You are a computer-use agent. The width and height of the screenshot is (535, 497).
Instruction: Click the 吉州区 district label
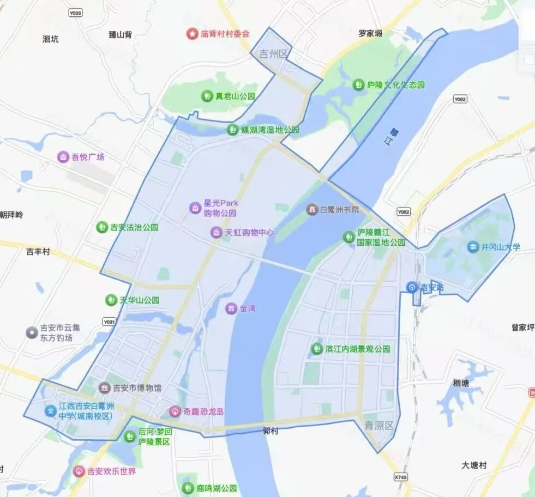point(273,54)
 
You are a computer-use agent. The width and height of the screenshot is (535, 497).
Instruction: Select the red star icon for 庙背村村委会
point(192,34)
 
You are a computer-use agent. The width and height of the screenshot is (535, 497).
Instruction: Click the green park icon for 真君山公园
point(207,96)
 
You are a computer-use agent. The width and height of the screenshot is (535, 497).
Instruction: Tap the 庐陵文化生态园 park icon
point(358,84)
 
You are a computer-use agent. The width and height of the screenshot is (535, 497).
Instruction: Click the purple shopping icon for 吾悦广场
point(63,157)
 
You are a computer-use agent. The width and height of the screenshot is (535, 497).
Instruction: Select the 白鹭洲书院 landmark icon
point(311,209)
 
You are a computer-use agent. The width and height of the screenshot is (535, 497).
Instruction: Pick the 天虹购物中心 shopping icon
point(217,233)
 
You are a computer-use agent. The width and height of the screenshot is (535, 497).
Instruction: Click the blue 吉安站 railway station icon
point(412,287)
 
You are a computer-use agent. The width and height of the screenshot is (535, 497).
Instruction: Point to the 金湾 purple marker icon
point(231,308)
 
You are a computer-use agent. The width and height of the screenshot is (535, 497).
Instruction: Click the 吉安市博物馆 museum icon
point(104,388)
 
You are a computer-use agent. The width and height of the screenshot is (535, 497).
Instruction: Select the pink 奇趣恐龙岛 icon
point(175,411)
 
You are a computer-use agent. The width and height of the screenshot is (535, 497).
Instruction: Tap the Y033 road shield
point(76,12)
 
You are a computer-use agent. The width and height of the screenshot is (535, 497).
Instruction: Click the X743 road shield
point(400,477)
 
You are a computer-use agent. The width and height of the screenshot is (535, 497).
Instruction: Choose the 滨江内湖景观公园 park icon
point(316,349)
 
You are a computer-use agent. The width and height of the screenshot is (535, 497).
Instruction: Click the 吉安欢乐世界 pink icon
point(79,471)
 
